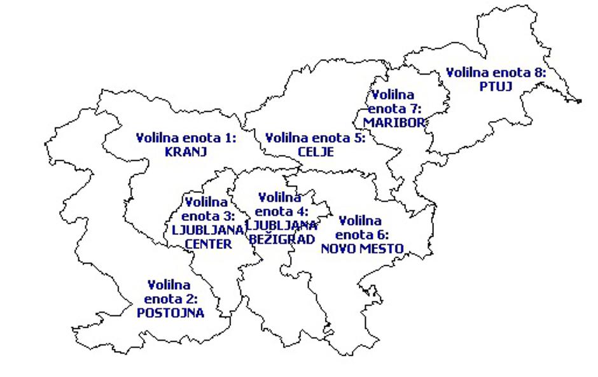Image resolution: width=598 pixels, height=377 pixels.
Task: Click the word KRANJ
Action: point(186,152)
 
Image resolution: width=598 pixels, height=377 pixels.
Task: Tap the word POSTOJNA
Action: point(170,313)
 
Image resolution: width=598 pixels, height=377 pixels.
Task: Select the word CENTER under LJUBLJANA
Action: point(207,244)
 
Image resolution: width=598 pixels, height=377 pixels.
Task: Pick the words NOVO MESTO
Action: point(362,248)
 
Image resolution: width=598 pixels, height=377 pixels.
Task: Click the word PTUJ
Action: point(496,86)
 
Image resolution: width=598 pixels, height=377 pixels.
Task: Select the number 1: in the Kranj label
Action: point(230,138)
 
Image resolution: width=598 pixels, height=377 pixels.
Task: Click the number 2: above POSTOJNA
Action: point(191,299)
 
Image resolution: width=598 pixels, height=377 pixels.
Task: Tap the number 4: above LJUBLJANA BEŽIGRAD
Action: point(303,211)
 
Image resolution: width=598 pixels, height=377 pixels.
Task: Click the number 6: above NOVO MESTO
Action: point(382,235)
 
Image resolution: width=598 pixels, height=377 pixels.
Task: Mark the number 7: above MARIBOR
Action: point(415,109)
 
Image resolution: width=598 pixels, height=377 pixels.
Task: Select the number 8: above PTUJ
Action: point(540,72)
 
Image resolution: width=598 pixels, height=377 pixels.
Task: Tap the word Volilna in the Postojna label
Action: point(169,285)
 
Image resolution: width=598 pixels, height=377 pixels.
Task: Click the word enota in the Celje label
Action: point(329,138)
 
